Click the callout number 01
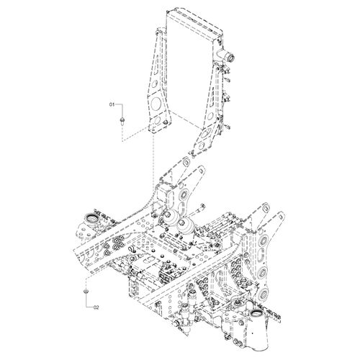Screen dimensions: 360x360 coord(112,104)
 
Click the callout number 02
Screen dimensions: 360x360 coord(96,307)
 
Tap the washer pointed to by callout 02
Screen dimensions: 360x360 coord(86,291)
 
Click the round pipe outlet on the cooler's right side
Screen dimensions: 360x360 coord(231,58)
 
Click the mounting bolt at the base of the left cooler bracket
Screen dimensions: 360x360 coord(165,123)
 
